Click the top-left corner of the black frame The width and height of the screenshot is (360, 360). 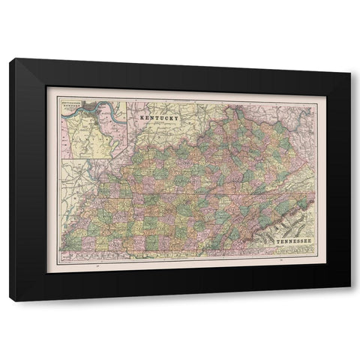(x=10, y=58)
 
